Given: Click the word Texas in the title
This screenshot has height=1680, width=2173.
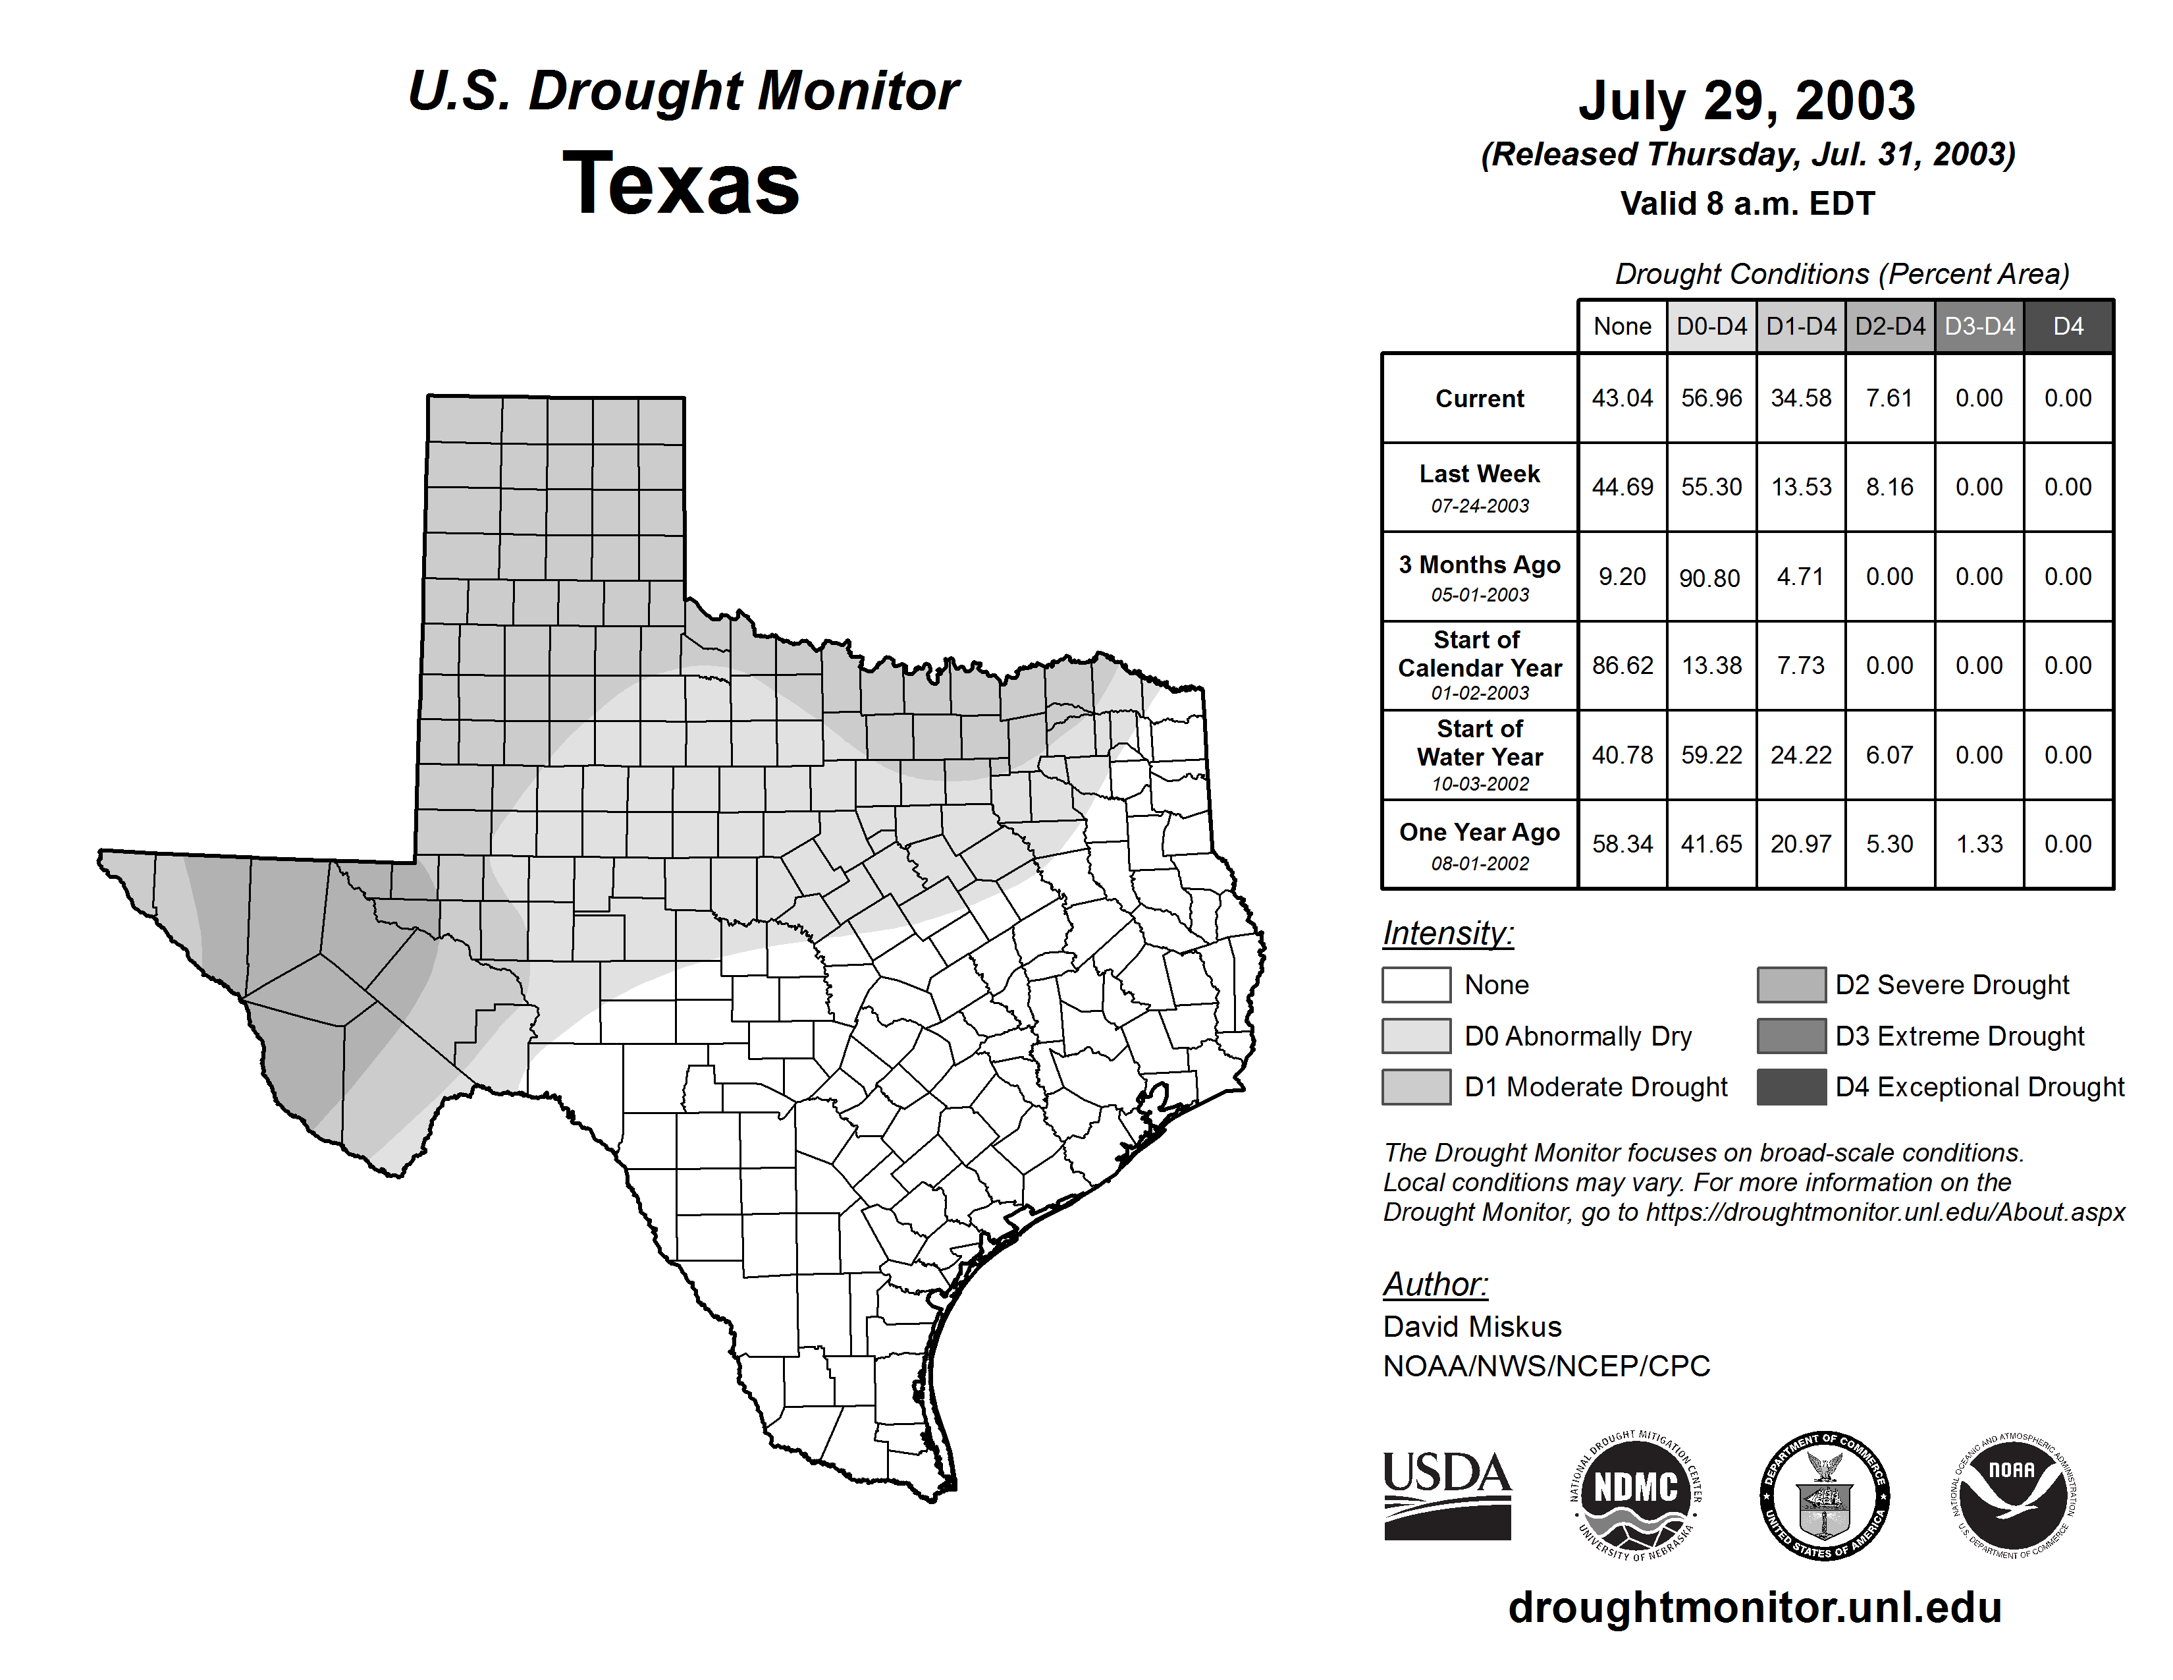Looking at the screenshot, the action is [x=681, y=183].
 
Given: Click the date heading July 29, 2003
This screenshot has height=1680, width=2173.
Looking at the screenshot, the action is [x=1747, y=101].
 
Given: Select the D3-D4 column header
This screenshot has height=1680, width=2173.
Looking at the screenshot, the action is [x=1980, y=326].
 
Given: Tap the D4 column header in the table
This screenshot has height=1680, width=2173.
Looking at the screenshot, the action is [x=2068, y=326].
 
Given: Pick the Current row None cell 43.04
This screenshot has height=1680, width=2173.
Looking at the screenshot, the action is [x=1622, y=398].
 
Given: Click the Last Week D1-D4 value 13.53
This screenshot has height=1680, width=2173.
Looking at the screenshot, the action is [x=1801, y=487].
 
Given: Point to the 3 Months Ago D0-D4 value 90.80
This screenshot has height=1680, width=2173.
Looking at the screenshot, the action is [x=1709, y=577].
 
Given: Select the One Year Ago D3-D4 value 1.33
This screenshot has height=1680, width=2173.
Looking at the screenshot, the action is [x=1979, y=844].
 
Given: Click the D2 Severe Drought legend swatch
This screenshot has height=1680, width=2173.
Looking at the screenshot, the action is [x=1792, y=984].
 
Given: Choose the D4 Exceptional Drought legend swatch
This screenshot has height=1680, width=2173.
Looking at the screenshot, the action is [x=1792, y=1087].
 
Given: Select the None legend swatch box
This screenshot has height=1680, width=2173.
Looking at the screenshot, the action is [x=1416, y=984].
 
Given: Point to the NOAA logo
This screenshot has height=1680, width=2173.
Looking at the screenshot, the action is [x=2012, y=1495].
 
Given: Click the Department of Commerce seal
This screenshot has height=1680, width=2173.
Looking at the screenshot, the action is [x=1825, y=1495].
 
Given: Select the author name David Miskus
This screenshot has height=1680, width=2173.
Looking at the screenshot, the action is [x=1472, y=1327].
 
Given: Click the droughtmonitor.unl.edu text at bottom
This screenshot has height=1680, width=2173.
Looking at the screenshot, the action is [x=1755, y=1608].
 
